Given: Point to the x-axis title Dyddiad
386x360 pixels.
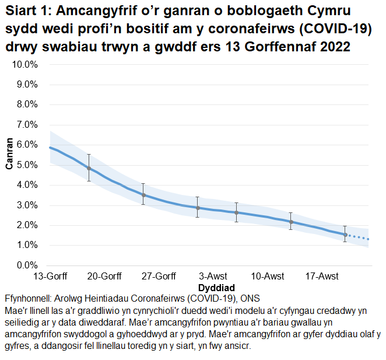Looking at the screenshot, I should point(216,288).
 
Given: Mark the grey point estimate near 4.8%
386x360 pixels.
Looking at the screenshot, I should point(89,168).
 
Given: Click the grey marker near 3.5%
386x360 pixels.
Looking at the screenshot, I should point(143,195).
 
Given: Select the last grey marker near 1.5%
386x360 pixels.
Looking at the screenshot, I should point(345,235).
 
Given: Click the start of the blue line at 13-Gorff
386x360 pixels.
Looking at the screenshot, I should point(50,148).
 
